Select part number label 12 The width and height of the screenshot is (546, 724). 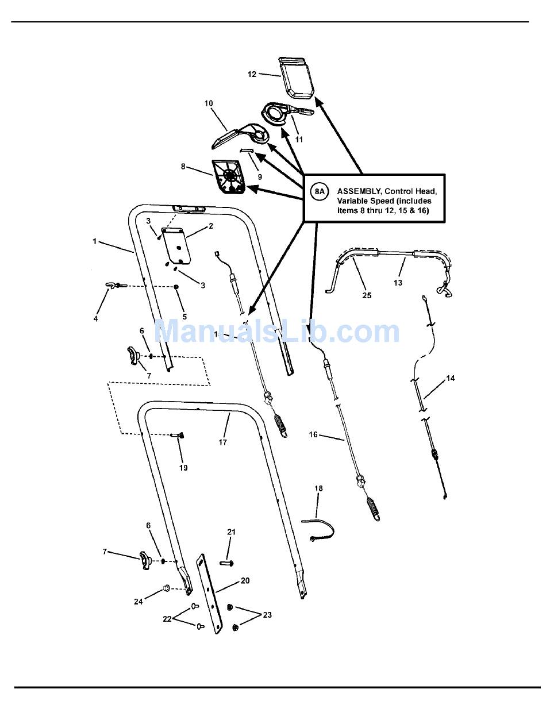click(252, 74)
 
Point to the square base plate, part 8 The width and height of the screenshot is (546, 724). click(229, 175)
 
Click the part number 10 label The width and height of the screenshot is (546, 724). click(208, 103)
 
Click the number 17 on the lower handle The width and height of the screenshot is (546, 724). click(222, 442)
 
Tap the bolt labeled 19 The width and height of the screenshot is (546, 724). click(178, 436)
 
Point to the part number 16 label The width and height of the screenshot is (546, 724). click(313, 434)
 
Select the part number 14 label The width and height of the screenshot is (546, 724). click(450, 378)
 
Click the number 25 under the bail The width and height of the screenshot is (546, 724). click(367, 295)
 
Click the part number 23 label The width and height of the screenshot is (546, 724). click(267, 615)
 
